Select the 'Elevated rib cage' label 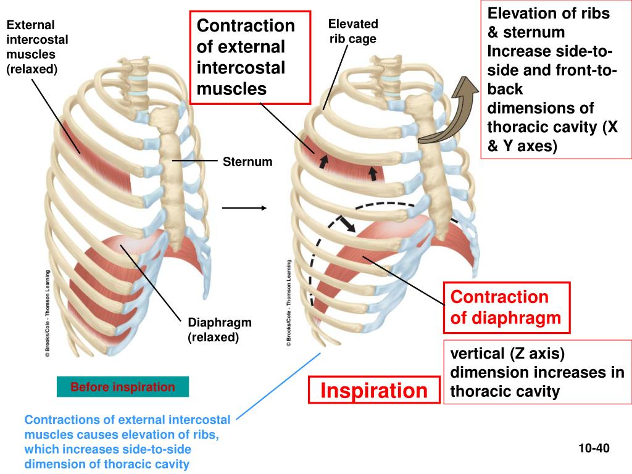(x=352, y=31)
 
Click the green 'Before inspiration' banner (x=122, y=388)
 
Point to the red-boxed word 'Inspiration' (x=374, y=390)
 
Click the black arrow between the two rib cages (x=244, y=208)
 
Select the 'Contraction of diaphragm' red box (x=506, y=307)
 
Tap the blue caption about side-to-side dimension (x=127, y=442)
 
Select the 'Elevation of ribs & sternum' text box (x=554, y=79)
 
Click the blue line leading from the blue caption (x=278, y=386)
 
